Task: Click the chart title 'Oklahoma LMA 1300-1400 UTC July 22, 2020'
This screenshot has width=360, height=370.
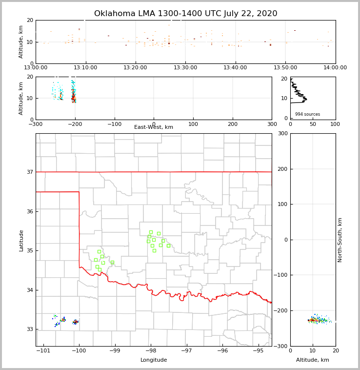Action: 185,14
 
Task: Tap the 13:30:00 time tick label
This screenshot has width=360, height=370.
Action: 185,67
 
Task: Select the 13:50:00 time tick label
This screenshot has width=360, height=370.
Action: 285,67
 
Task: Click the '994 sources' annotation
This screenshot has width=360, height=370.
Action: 307,114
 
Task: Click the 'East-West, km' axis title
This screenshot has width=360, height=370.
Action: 154,127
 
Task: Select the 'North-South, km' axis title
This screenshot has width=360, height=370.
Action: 340,240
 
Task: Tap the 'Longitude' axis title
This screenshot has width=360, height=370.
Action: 154,360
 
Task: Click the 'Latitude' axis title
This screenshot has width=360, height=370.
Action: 21,240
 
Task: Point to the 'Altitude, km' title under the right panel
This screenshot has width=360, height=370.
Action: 313,360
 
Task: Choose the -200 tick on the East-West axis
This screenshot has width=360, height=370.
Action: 75,124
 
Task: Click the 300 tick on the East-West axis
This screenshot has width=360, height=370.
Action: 272,124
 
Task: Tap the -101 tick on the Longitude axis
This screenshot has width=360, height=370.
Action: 43,350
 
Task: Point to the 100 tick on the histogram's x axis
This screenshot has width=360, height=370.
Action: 335,124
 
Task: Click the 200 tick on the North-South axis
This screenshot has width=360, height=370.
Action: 282,169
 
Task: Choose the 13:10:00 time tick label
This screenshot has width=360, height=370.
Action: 86,67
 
